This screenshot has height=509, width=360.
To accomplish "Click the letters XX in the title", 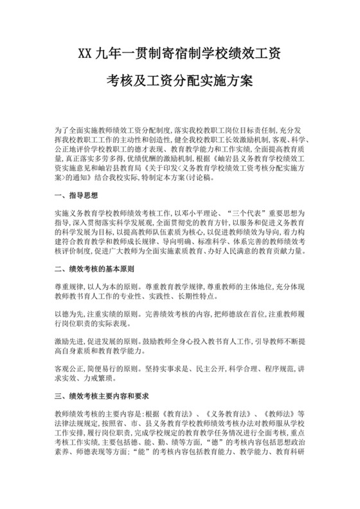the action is click(85, 51).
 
